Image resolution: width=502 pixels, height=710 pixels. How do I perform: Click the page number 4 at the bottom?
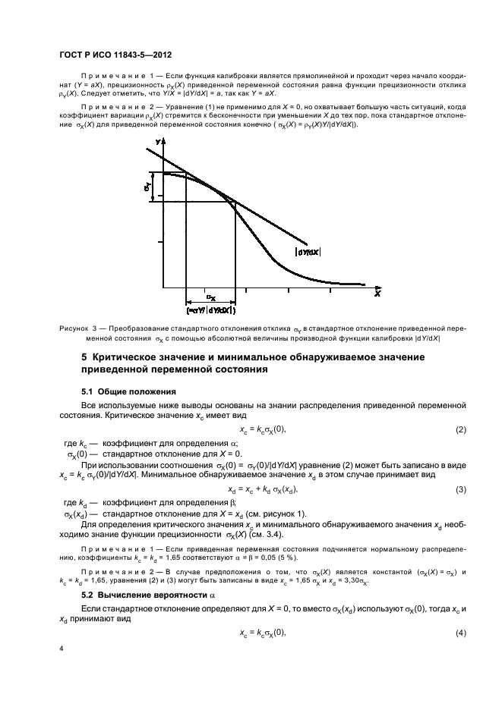tap(62, 649)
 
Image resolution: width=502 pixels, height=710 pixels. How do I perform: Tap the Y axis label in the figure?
tap(157, 142)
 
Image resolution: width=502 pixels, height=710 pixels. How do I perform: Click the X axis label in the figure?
tap(377, 292)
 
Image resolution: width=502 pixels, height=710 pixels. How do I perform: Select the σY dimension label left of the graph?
tap(147, 185)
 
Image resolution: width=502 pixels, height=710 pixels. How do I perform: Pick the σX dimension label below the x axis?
tap(211, 299)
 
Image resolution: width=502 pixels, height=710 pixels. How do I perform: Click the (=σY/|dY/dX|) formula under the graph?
tap(211, 310)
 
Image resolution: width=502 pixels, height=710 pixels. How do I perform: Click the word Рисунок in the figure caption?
tap(74, 328)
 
